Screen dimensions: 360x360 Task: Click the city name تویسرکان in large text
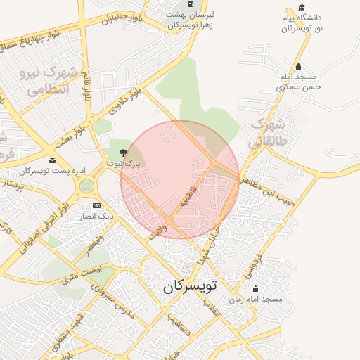(191, 287)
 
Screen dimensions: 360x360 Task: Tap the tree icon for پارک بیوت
(124, 153)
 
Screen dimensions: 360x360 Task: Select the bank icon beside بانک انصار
(97, 207)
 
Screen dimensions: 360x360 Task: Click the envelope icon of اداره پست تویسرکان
(52, 161)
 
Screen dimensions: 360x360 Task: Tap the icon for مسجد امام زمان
(255, 288)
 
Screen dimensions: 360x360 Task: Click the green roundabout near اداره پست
(86, 186)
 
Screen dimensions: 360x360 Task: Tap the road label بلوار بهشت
(70, 129)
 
